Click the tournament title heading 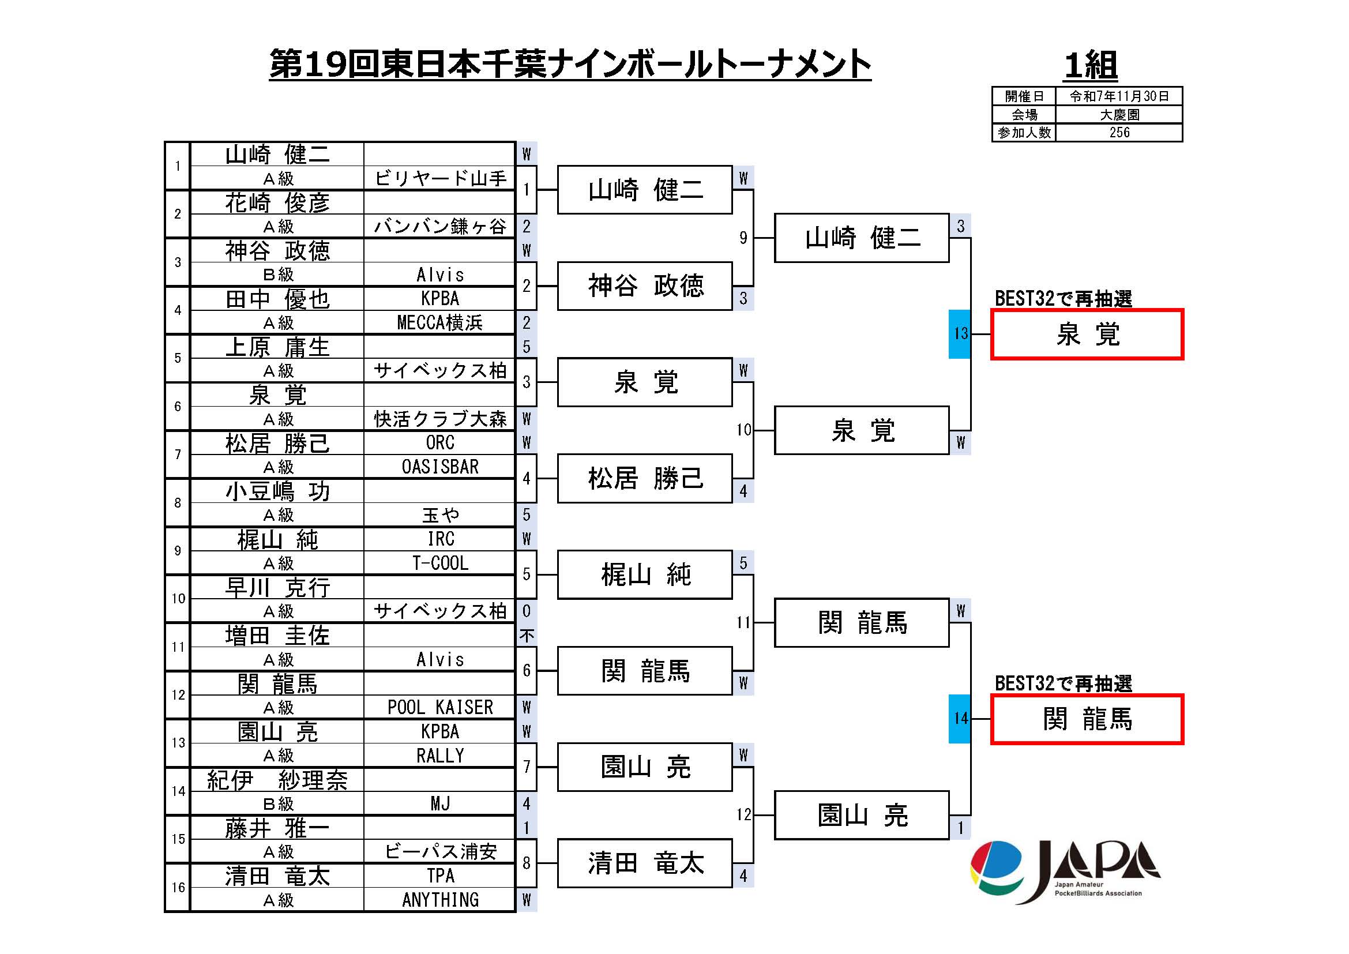click(x=569, y=64)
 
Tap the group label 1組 click(x=1091, y=65)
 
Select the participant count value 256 click(x=1119, y=133)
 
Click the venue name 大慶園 click(x=1119, y=115)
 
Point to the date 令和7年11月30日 click(x=1119, y=96)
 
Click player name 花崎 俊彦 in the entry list click(x=277, y=202)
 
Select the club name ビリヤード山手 click(x=440, y=178)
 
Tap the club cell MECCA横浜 click(x=440, y=322)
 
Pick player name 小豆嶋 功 click(x=277, y=491)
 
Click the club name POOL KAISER click(x=440, y=707)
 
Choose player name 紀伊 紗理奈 click(x=277, y=780)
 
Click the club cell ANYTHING click(x=440, y=899)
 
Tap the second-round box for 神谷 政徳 click(x=645, y=286)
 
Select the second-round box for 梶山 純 click(x=645, y=574)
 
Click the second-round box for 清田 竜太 click(x=645, y=863)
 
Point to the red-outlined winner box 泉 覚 click(x=1087, y=335)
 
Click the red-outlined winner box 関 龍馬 click(x=1087, y=719)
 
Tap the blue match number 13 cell click(x=960, y=333)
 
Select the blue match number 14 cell click(x=960, y=719)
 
